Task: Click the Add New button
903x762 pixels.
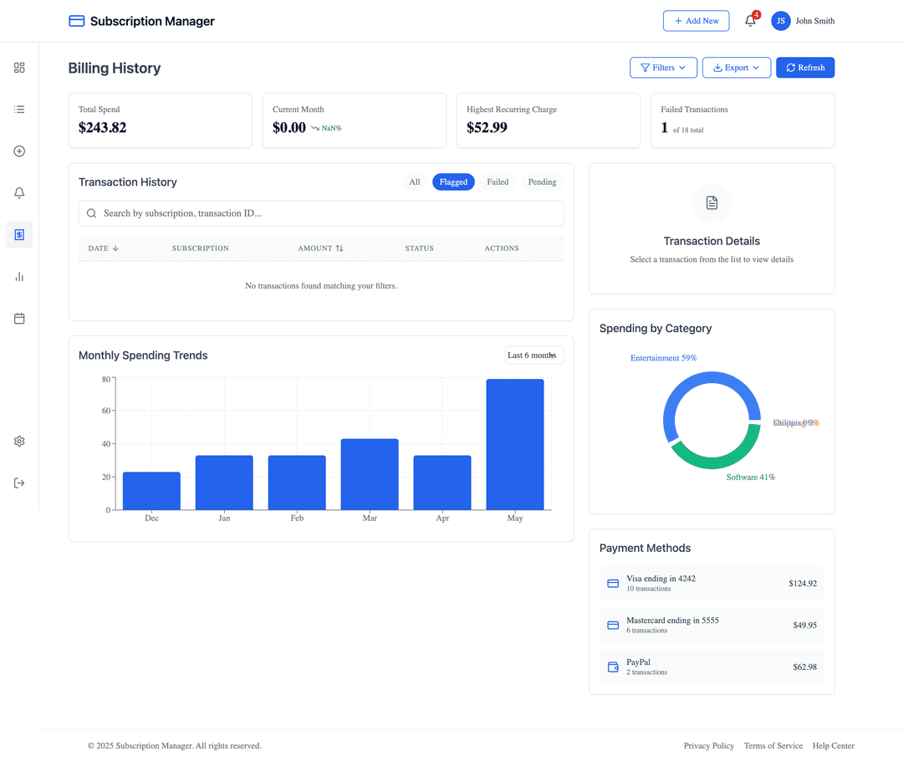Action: click(x=696, y=21)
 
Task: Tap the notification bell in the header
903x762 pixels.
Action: click(x=750, y=21)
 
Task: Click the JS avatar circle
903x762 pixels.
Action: click(x=781, y=21)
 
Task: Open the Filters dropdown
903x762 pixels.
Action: click(x=663, y=68)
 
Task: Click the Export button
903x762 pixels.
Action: click(x=736, y=68)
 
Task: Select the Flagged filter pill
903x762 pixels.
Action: click(x=453, y=182)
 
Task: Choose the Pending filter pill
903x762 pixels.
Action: click(x=542, y=182)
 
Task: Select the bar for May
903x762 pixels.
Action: click(x=515, y=444)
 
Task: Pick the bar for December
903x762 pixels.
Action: click(x=151, y=491)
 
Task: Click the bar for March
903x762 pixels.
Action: click(x=370, y=474)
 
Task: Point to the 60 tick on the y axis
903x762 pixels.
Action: click(x=105, y=411)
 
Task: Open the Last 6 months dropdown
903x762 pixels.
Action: click(x=533, y=355)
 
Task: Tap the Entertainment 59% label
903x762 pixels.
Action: click(x=663, y=358)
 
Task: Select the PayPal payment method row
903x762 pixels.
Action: click(x=712, y=667)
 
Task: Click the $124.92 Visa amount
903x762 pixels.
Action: click(x=802, y=584)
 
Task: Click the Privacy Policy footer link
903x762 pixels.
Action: click(x=708, y=746)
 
